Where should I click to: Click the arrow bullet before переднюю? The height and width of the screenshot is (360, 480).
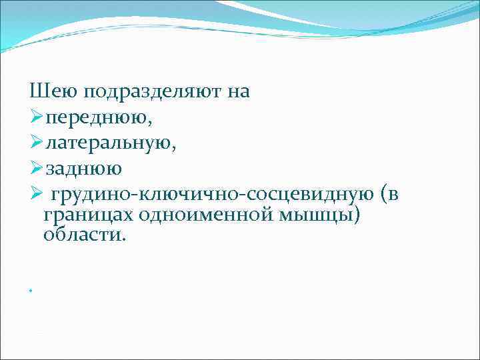(37, 117)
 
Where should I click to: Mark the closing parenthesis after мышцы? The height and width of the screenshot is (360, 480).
(354, 215)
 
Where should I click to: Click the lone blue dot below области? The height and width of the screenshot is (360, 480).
(31, 291)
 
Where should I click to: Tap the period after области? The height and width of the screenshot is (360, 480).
(122, 239)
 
